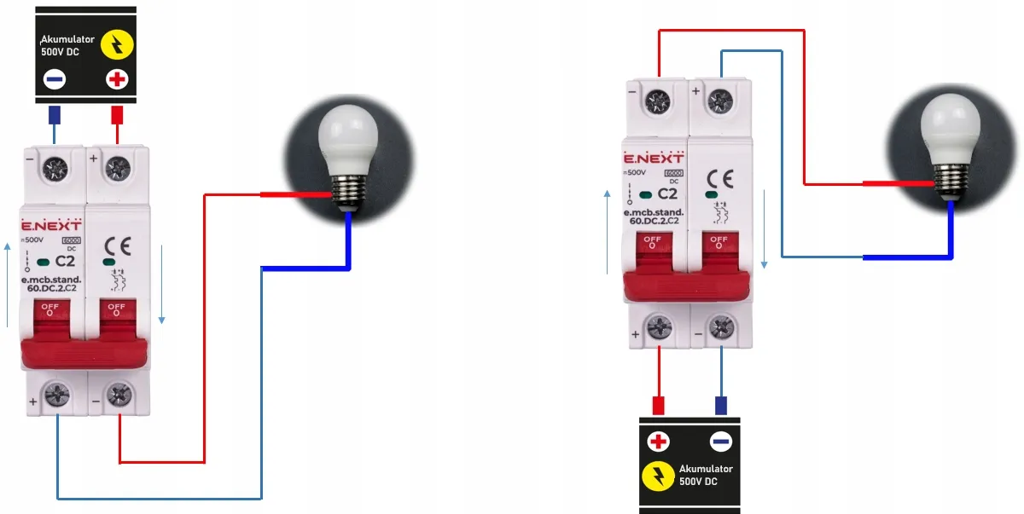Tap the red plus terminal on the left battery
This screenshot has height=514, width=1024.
click(116, 80)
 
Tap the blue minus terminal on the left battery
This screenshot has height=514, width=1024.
click(55, 80)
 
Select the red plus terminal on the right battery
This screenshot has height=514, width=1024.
click(658, 442)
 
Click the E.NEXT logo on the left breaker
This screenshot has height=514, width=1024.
click(51, 226)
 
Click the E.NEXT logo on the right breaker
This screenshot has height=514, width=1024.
click(653, 159)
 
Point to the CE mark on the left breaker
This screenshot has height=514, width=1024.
click(116, 248)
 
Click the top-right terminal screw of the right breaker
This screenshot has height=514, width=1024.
click(720, 101)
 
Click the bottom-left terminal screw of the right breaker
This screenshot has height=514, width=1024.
click(658, 326)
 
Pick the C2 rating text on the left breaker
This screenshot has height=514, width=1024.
click(65, 262)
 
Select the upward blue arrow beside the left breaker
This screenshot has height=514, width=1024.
click(9, 286)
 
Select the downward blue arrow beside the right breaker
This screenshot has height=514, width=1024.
click(764, 226)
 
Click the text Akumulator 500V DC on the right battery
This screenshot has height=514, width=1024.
click(706, 476)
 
